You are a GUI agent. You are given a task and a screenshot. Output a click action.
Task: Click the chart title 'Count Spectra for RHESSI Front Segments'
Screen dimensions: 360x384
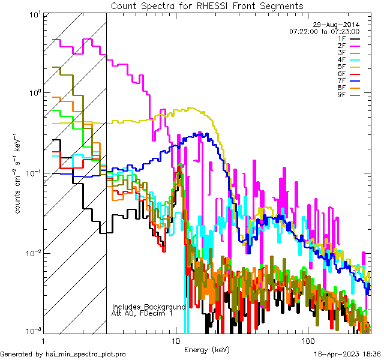tap(207, 6)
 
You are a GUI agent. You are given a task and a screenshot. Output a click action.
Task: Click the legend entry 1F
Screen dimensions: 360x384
tap(341, 38)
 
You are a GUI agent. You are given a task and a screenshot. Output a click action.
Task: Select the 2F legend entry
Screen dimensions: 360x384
tap(341, 46)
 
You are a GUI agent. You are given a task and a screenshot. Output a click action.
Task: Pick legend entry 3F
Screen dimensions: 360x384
tap(341, 53)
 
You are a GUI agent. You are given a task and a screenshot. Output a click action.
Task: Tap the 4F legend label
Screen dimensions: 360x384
tap(341, 59)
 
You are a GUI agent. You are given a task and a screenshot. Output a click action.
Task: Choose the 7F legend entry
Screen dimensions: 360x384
tap(341, 80)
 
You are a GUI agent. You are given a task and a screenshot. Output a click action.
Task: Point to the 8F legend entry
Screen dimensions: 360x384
tap(341, 88)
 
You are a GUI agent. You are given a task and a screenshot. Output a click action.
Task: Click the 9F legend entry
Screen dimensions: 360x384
tap(341, 95)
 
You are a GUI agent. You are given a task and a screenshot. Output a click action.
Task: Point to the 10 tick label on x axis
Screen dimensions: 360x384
tap(176, 340)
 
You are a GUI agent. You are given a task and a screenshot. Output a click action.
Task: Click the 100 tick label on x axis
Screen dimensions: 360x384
tap(307, 340)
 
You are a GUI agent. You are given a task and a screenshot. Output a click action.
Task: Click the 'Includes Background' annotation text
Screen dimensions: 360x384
tap(149, 307)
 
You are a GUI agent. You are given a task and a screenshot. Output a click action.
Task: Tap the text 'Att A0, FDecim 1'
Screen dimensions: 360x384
tap(142, 313)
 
